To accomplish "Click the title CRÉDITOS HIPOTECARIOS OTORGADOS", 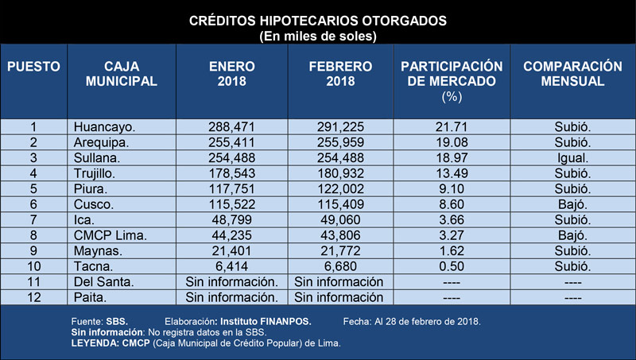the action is [x=317, y=21].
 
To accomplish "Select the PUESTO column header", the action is [x=33, y=67].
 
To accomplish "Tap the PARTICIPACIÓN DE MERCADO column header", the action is [x=452, y=81].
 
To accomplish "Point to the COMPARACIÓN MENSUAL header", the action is [x=572, y=74].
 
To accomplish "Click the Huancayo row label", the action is [x=104, y=127].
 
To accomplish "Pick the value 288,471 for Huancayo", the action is [x=231, y=127].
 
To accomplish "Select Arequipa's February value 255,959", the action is [x=340, y=142].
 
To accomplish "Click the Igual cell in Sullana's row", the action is [x=572, y=158].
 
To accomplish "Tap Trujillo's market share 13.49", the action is [x=452, y=173].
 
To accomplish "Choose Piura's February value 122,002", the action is [x=340, y=189].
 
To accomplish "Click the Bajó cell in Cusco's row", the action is [x=572, y=204].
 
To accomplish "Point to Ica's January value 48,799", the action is [x=231, y=219].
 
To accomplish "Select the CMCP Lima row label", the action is [x=110, y=235].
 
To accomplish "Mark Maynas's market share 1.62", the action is [x=452, y=251].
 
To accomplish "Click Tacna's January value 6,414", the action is [x=231, y=266].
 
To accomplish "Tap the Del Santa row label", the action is [x=103, y=282].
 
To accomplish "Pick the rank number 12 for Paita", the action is [x=33, y=297].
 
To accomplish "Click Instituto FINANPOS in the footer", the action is [x=266, y=322].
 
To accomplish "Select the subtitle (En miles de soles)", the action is [x=317, y=37].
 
